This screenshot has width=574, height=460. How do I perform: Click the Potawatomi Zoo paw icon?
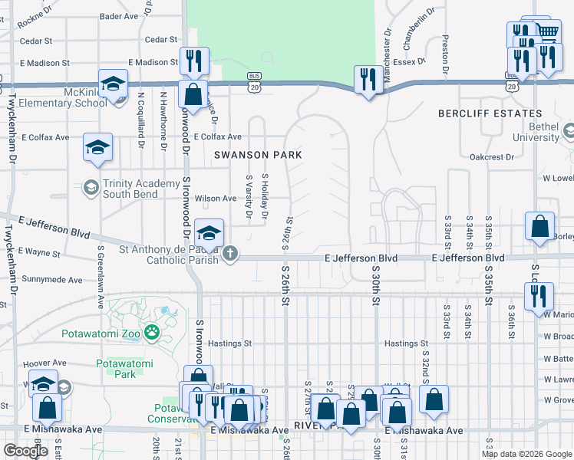153,332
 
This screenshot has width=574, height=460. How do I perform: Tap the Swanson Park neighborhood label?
258,155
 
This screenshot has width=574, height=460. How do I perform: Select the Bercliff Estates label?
490,113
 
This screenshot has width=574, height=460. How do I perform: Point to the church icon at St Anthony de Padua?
229,253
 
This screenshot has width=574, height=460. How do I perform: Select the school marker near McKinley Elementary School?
113,85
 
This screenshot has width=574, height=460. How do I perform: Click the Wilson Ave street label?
216,199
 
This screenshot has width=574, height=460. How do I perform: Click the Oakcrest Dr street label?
492,157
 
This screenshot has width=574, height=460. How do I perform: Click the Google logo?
25,450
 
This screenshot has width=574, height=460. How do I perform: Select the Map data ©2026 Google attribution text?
526,454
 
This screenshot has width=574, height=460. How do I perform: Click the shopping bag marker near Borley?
539,227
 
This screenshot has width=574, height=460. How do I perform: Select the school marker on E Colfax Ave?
98,147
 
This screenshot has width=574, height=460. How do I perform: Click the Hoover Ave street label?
45,363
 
